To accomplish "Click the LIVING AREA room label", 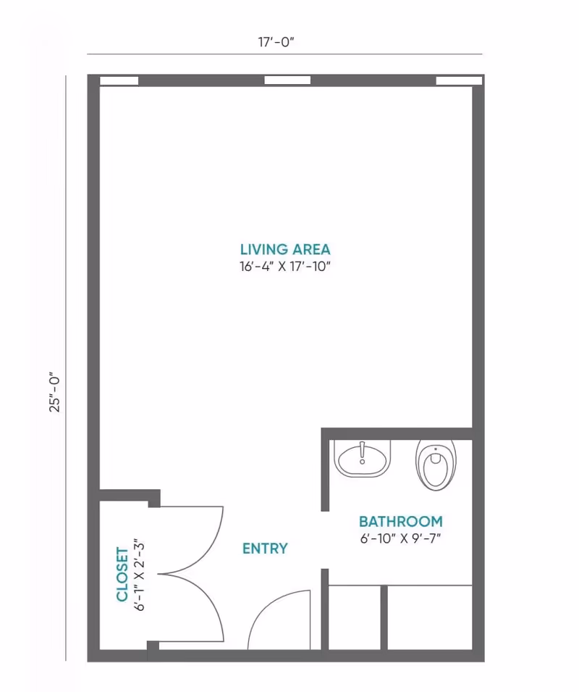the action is click(285, 249).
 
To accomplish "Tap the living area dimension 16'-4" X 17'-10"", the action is click(285, 267).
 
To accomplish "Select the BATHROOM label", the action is click(400, 522).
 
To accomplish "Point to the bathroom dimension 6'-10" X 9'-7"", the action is click(400, 539).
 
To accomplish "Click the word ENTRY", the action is click(265, 549).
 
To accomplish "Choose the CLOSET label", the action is click(122, 574).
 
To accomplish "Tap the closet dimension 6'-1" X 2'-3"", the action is click(140, 575).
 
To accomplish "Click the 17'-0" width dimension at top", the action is click(276, 42).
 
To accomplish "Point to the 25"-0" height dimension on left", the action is click(54, 393).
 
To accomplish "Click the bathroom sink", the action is click(362, 459).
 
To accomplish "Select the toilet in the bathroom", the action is click(436, 464).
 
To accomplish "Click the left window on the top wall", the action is click(119, 80).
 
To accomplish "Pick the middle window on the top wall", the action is click(287, 80).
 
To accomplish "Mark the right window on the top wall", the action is click(459, 80).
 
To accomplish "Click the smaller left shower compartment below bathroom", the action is click(355, 617).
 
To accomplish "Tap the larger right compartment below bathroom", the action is click(430, 617).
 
